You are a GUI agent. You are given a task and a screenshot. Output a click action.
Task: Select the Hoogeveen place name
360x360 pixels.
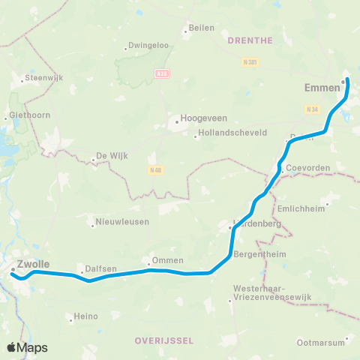tap(199, 119)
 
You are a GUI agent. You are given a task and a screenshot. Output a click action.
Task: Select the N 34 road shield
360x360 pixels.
tap(313, 109)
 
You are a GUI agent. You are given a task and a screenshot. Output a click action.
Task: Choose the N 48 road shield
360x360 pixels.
tap(154, 169)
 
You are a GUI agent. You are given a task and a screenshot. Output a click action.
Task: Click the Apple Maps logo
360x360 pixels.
tap(27, 347)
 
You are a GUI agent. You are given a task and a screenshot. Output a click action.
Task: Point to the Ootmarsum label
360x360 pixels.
tap(320, 343)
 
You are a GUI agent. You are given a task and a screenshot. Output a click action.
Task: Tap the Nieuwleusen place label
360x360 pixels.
tap(122, 222)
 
